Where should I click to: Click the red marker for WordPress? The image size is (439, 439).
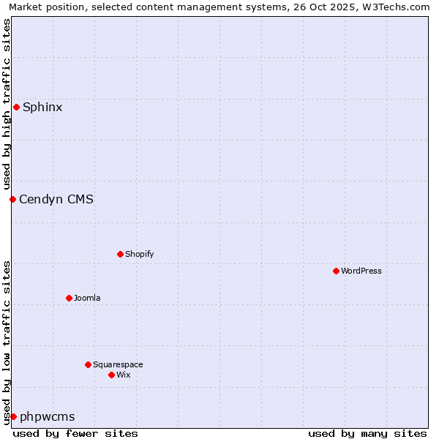click(336, 271)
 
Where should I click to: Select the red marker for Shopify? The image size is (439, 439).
click(120, 254)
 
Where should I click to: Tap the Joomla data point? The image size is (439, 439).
click(69, 298)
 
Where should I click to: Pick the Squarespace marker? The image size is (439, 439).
click(88, 364)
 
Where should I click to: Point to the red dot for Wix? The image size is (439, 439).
click(111, 375)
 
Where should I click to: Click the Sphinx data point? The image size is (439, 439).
click(16, 108)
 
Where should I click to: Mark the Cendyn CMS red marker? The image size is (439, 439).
click(12, 199)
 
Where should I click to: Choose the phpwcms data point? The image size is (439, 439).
click(13, 416)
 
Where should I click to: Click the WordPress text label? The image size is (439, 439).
click(361, 271)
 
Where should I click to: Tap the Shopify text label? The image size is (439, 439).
click(139, 254)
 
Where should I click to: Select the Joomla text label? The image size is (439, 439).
click(87, 298)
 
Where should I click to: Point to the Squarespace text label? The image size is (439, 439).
click(118, 364)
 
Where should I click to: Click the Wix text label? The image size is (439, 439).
click(123, 375)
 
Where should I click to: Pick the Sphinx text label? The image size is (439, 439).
click(42, 108)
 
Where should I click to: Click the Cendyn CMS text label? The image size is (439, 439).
click(56, 199)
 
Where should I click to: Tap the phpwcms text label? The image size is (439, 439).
click(48, 416)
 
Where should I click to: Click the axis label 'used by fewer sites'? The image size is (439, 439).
click(75, 433)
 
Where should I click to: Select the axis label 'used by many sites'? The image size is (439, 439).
click(367, 433)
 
